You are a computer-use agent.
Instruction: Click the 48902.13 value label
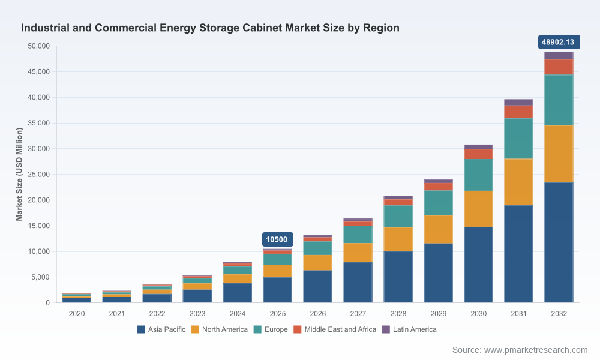coord(559,42)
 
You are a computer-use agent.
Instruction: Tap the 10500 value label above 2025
coord(277,239)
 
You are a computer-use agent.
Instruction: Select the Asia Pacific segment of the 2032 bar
coord(559,242)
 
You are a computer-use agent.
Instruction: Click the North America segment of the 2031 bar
coord(518,182)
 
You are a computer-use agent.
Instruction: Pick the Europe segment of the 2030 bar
coord(478,175)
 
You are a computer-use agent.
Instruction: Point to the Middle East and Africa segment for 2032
coord(559,67)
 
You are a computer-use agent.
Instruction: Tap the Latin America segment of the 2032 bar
coord(559,55)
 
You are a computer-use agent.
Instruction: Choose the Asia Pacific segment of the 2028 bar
coord(398,277)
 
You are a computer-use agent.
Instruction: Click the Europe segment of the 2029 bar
coord(438,203)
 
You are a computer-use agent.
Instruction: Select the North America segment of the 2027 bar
coord(358,253)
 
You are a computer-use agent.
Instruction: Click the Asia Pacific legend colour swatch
coord(141,329)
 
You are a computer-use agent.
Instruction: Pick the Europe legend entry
coord(271,329)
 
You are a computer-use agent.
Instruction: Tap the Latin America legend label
coord(415,329)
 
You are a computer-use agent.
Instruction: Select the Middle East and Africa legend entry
coord(335,329)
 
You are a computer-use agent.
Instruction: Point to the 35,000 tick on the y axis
coord(38,123)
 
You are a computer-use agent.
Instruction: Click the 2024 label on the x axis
coord(237,314)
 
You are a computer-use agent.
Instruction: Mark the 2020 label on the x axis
coord(77,314)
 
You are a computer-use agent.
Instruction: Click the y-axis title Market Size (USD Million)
coord(19,174)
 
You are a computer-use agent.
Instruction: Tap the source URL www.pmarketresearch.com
coord(536,350)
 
